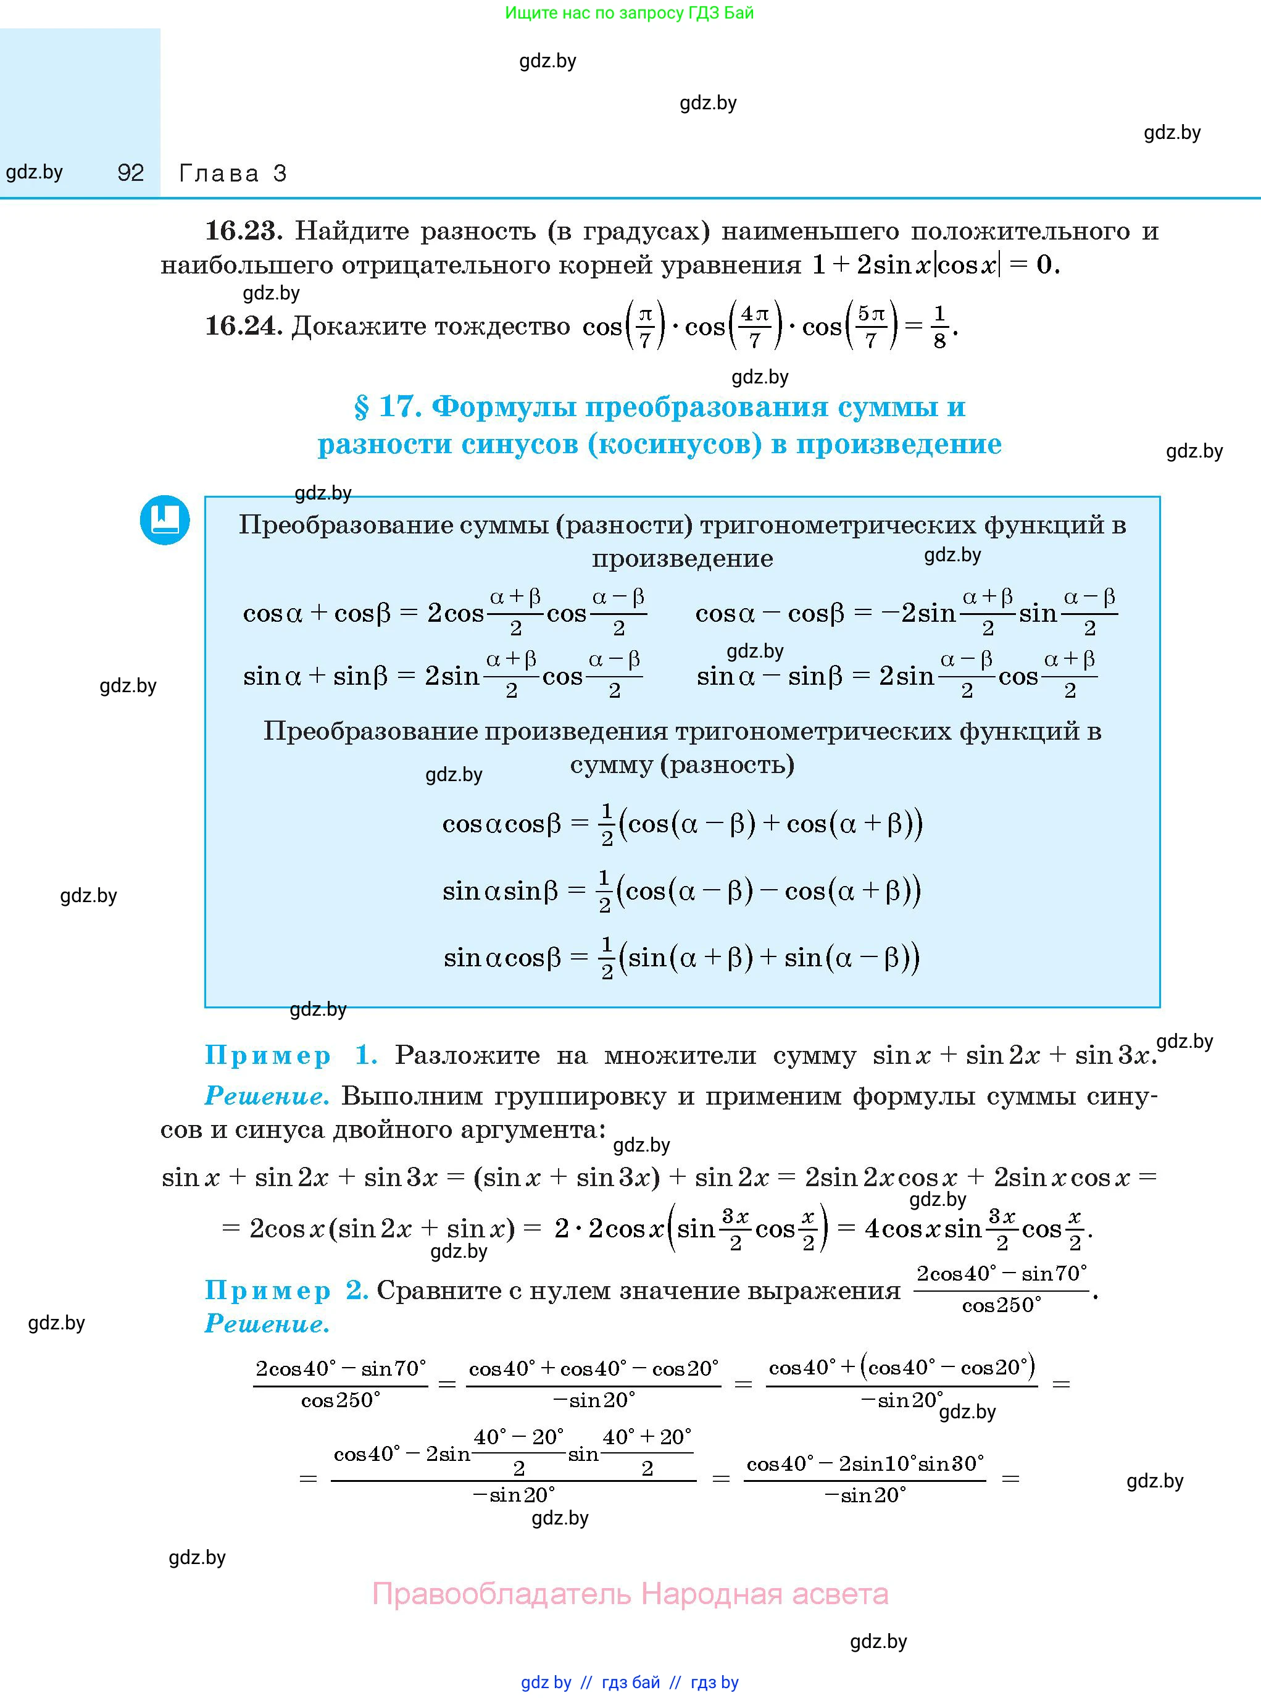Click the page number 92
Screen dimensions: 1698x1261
pyautogui.click(x=130, y=174)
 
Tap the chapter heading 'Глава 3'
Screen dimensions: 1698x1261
pyautogui.click(x=233, y=174)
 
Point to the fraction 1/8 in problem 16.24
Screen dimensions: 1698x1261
pyautogui.click(x=939, y=327)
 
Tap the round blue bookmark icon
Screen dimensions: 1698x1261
pyautogui.click(x=165, y=520)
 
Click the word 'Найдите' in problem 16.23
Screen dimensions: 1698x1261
pyautogui.click(x=352, y=230)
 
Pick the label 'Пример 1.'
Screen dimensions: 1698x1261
pyautogui.click(x=291, y=1055)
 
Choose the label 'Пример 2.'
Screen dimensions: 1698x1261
pyautogui.click(x=286, y=1290)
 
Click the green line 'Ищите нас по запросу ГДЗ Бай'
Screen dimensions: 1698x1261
pyautogui.click(x=629, y=13)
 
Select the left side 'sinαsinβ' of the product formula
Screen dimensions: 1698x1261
pyautogui.click(x=501, y=891)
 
